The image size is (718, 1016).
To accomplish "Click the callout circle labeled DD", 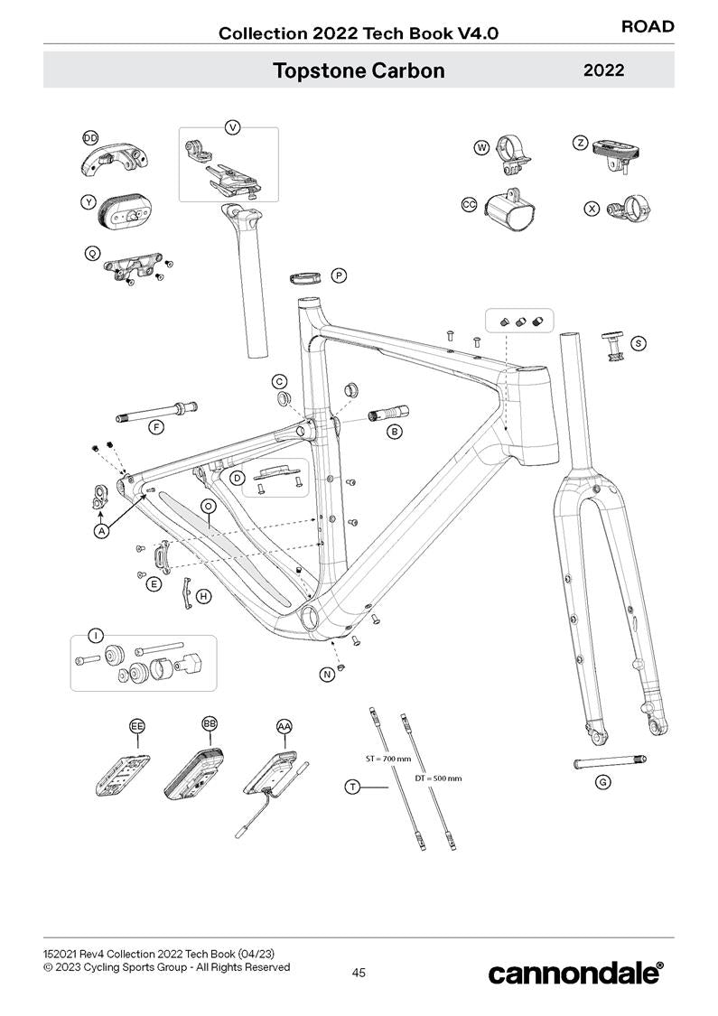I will pos(90,137).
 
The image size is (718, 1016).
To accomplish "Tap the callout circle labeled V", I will pos(233,127).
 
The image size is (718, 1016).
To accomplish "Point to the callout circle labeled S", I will pos(639,343).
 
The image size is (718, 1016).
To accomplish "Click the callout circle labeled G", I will pos(602,782).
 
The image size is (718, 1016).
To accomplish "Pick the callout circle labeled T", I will pos(353,788).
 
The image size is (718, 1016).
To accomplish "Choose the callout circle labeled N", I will pos(326,675).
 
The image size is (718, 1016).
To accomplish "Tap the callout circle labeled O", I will pos(208,507).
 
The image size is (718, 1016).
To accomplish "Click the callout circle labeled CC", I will pos(469,205).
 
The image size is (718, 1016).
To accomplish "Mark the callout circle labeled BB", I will pos(210,724).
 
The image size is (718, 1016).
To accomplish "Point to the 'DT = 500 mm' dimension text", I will pos(438,778).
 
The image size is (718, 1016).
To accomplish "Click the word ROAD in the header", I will pos(648,26).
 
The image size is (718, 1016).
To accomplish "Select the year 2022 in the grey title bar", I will pos(604,70).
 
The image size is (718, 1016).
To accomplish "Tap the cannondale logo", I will pos(576,973).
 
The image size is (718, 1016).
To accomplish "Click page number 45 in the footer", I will pos(359,973).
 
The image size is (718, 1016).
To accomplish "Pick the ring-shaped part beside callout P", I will pos(307,275).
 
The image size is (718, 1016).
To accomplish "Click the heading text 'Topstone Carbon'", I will pos(359,70).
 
